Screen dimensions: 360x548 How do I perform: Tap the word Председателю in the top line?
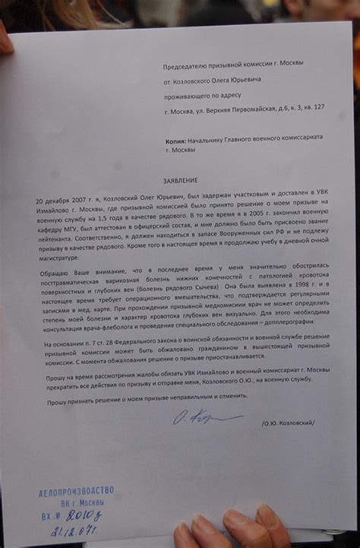(x=190, y=68)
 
